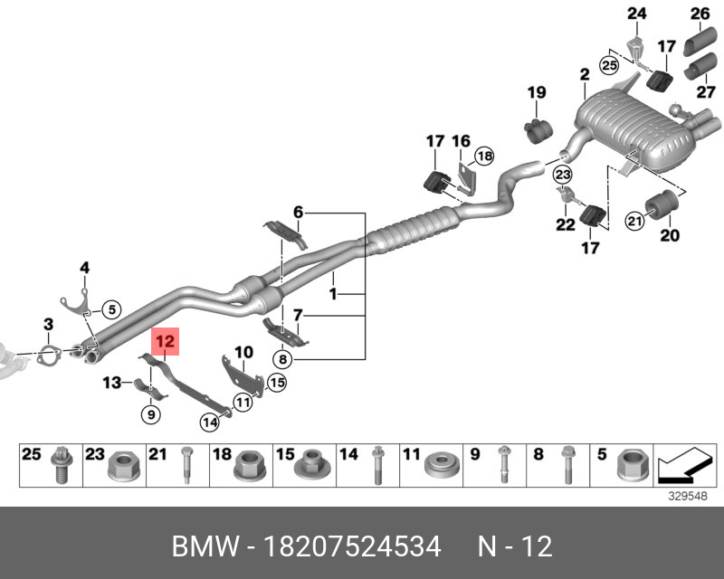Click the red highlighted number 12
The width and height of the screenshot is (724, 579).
[x=167, y=342]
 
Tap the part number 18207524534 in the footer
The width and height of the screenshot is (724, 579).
[x=353, y=546]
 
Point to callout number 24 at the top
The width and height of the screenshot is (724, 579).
[x=637, y=13]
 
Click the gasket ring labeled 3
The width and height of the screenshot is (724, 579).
[x=52, y=352]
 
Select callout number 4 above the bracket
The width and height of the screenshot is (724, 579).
[x=84, y=267]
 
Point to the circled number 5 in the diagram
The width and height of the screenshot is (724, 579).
[x=110, y=309]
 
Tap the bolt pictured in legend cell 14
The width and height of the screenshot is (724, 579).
[x=377, y=467]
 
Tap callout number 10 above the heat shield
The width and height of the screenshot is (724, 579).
[x=244, y=351]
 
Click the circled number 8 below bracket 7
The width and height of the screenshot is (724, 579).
[x=282, y=359]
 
